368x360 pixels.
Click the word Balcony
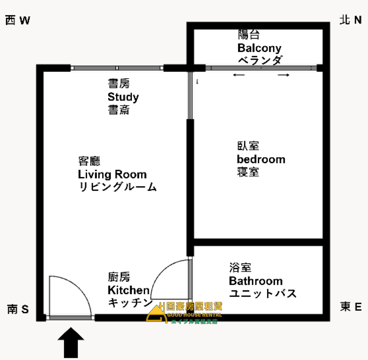coord(259,48)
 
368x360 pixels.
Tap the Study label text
coord(123,97)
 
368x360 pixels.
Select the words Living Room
coord(112,174)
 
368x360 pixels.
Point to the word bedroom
coord(261,159)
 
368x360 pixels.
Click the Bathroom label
coord(256,281)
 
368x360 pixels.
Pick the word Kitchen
coord(129,290)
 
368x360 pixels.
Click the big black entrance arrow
coord(71,342)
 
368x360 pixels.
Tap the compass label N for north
coord(358,20)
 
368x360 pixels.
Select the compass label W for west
coord(25,20)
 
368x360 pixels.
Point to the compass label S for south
coord(25,309)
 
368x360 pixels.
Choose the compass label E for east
coord(358,307)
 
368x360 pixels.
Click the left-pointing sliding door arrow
coord(239,75)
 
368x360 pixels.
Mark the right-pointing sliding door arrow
coord(284,75)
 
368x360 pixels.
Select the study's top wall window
coord(117,68)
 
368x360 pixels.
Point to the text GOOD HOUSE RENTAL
coord(194,315)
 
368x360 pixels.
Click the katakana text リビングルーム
coord(118,187)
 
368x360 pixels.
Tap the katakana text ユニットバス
coord(263,294)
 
